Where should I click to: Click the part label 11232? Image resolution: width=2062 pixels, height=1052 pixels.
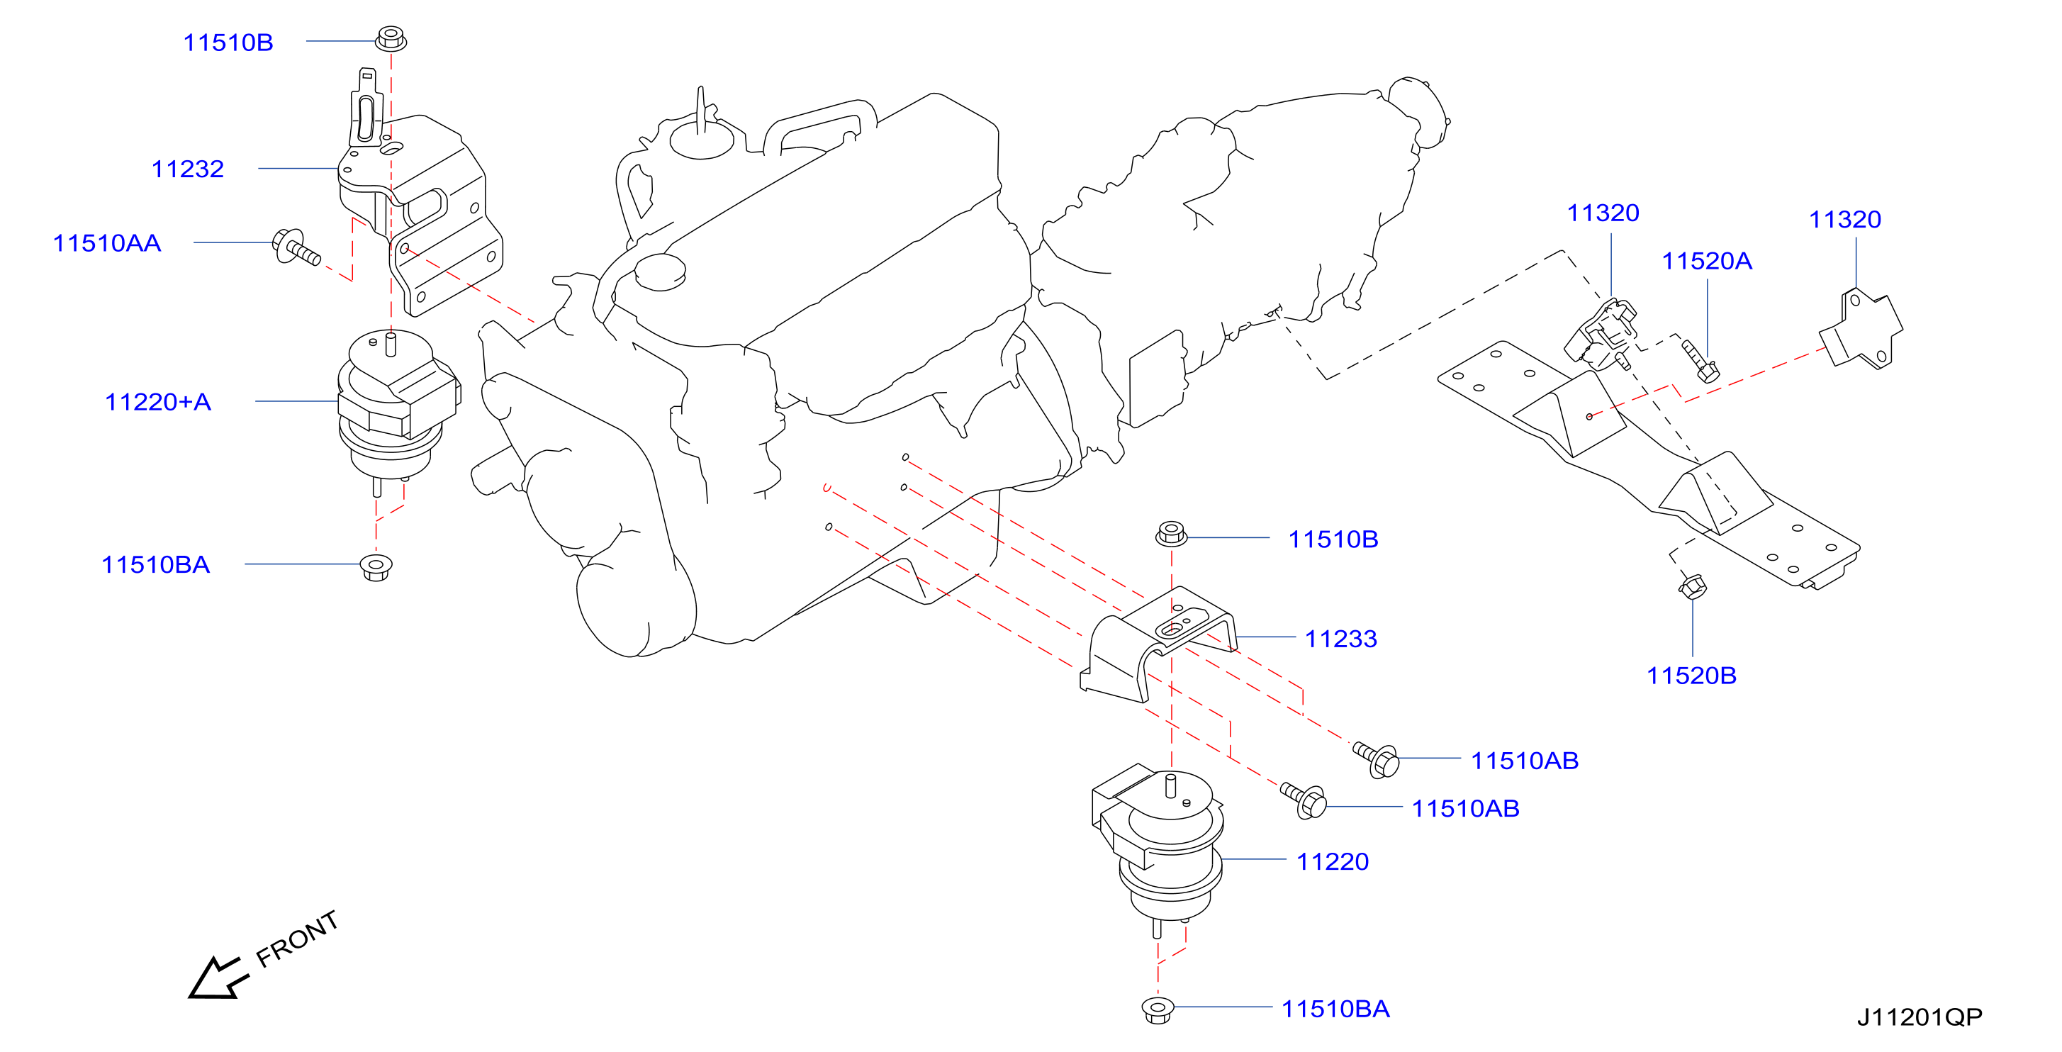[x=187, y=169]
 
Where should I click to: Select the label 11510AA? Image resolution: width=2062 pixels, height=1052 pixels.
[x=106, y=242]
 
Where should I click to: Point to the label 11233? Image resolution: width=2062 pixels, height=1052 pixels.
[x=1341, y=638]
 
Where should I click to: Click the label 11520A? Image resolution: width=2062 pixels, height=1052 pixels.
[x=1707, y=260]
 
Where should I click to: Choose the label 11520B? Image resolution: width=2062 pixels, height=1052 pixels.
[x=1691, y=675]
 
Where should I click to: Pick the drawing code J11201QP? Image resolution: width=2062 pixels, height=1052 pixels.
[x=1920, y=1017]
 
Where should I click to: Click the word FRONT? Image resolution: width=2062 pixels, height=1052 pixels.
[x=297, y=939]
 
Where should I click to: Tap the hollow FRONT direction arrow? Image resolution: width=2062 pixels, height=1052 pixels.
[x=215, y=978]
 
